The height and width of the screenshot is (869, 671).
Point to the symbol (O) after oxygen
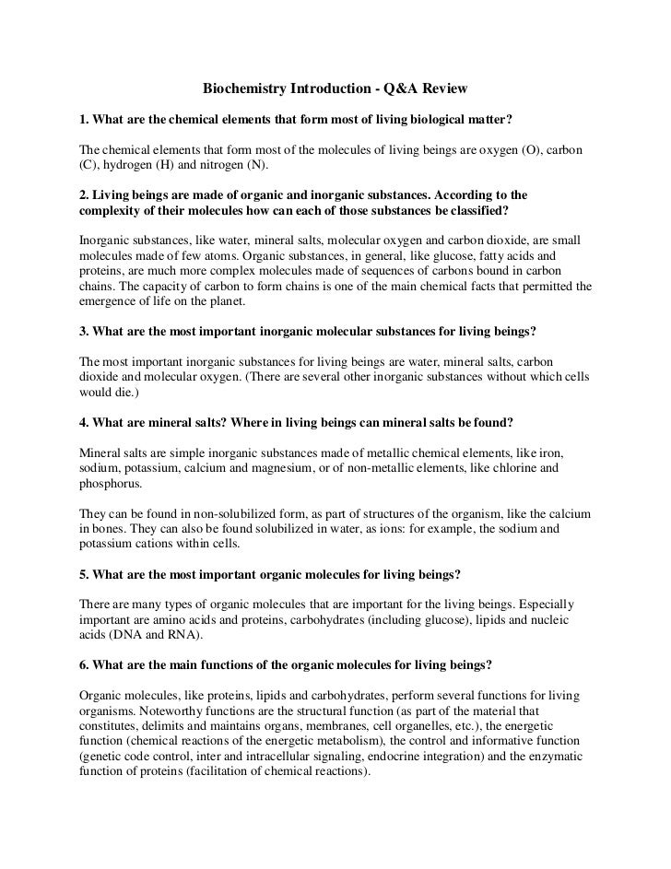[x=535, y=150]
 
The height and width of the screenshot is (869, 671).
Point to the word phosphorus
[x=101, y=483]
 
